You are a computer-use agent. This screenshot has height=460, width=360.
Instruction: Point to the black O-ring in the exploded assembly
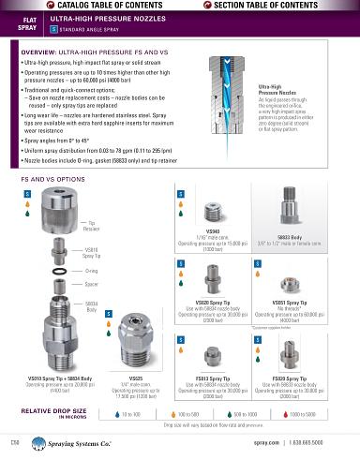click(63, 271)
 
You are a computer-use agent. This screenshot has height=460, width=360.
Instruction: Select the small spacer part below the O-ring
click(63, 284)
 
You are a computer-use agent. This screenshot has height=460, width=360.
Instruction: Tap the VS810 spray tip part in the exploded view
click(64, 251)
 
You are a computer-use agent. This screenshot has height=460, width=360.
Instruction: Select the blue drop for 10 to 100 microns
click(116, 413)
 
